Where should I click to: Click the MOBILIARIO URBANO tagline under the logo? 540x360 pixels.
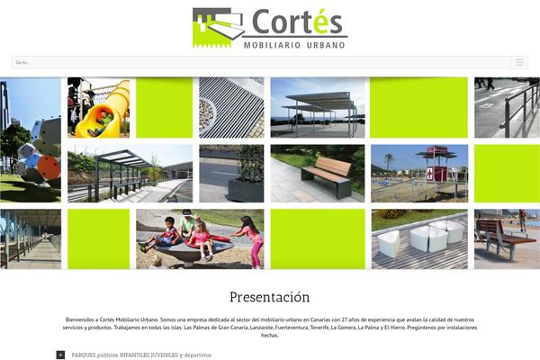pyautogui.click(x=294, y=43)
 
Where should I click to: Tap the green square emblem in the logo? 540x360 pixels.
pyautogui.click(x=217, y=27)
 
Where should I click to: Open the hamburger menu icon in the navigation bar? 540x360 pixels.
pyautogui.click(x=518, y=62)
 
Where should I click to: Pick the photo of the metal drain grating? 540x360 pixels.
pyautogui.click(x=231, y=107)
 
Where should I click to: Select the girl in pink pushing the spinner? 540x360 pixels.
pyautogui.click(x=252, y=240)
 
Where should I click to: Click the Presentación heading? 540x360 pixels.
pyautogui.click(x=269, y=297)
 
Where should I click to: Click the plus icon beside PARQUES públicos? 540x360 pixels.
pyautogui.click(x=60, y=355)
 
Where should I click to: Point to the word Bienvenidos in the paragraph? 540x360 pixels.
pyautogui.click(x=83, y=319)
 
